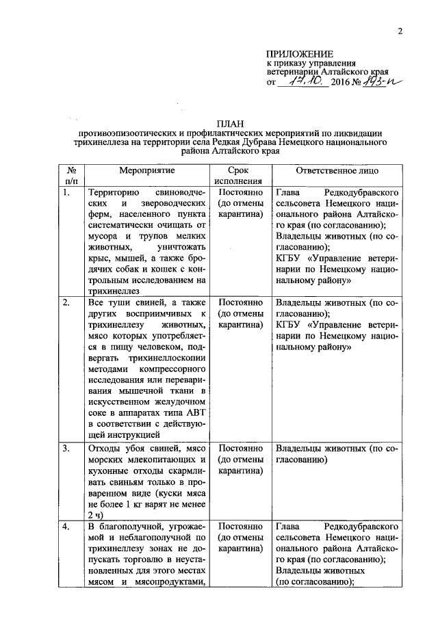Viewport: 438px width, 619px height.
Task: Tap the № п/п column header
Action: pos(70,174)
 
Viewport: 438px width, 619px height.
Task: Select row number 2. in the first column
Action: pos(66,302)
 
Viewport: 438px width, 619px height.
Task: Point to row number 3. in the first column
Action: pos(66,449)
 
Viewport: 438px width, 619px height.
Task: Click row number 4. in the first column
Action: pos(66,527)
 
